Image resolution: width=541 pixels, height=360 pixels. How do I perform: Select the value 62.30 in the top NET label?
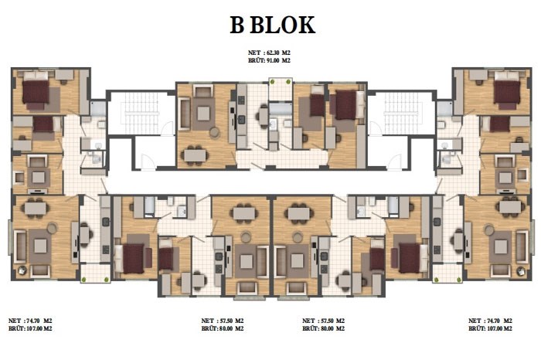click(273, 53)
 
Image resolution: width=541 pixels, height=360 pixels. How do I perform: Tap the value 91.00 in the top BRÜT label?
click(273, 60)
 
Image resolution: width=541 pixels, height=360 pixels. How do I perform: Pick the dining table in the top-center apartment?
click(196, 155)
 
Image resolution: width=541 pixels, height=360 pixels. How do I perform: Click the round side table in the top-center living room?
click(214, 132)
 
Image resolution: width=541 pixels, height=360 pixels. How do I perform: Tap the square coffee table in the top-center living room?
click(203, 113)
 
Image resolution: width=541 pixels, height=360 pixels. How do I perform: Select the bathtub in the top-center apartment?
click(281, 109)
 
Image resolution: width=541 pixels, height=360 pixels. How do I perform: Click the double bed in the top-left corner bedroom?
click(36, 90)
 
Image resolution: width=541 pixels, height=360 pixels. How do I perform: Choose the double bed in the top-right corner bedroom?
click(507, 90)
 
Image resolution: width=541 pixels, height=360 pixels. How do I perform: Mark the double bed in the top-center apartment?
click(346, 105)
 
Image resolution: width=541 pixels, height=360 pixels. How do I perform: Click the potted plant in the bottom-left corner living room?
click(22, 270)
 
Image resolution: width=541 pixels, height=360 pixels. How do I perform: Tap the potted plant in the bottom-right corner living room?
click(521, 271)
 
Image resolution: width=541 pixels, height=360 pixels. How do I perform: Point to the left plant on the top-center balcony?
click(273, 82)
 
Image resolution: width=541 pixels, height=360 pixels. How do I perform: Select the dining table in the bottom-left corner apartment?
click(36, 208)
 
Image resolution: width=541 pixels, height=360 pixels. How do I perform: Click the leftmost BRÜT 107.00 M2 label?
click(30, 328)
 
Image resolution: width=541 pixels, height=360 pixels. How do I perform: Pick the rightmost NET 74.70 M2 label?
click(490, 321)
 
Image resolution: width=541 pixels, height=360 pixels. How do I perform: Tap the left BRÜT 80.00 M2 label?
click(223, 328)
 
